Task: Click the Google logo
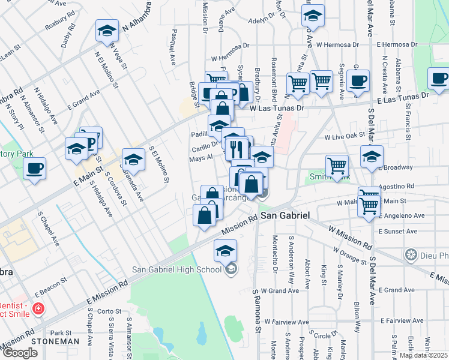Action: point(20,353)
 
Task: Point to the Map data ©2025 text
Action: point(423,355)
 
